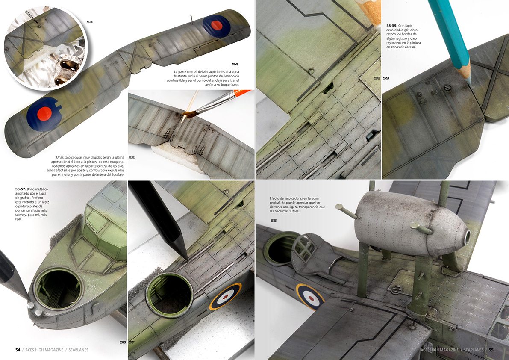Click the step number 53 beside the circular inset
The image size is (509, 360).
click(89, 22)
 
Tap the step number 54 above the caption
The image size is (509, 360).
click(235, 64)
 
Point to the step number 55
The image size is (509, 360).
click(131, 158)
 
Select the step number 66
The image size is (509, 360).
click(274, 221)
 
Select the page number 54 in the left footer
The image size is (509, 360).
click(18, 350)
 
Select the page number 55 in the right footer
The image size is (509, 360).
click(491, 350)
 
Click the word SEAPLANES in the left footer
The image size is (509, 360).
click(78, 350)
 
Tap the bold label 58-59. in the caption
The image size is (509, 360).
click(391, 25)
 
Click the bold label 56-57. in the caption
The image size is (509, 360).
click(20, 189)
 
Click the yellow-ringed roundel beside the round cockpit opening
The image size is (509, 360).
click(225, 296)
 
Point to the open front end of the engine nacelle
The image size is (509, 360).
click(468, 238)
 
